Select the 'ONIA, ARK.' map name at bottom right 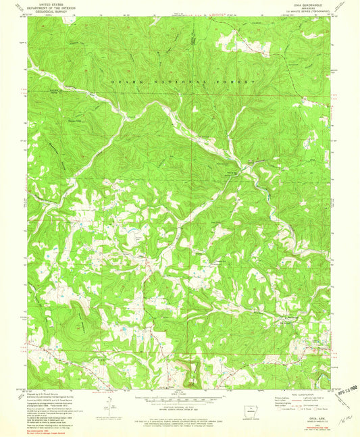tap(315, 419)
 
